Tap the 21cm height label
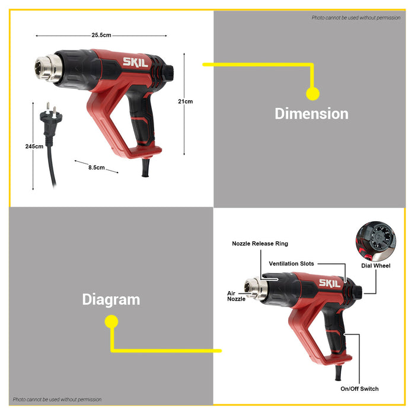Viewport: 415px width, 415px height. pyautogui.click(x=185, y=101)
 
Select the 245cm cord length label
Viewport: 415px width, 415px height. pyautogui.click(x=34, y=146)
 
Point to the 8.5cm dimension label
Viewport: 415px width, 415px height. pyautogui.click(x=96, y=168)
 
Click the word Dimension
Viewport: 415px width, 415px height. pyautogui.click(x=311, y=113)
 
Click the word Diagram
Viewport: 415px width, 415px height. pyautogui.click(x=111, y=299)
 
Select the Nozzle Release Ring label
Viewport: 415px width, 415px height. pyautogui.click(x=260, y=244)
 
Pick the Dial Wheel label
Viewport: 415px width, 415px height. pyautogui.click(x=376, y=266)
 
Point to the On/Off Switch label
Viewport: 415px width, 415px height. pyautogui.click(x=359, y=389)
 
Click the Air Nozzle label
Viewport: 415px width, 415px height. pyautogui.click(x=236, y=296)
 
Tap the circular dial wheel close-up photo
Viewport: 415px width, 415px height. pyautogui.click(x=375, y=241)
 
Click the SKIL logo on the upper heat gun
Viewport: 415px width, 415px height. pyautogui.click(x=133, y=62)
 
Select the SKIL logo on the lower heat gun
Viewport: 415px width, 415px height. pyautogui.click(x=330, y=283)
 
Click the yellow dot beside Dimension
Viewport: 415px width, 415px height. pyautogui.click(x=312, y=93)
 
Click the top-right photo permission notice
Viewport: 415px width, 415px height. pyautogui.click(x=356, y=18)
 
